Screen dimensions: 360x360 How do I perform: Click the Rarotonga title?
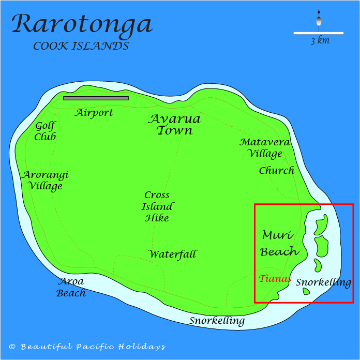click(82, 24)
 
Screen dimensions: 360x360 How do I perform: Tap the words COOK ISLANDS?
click(81, 46)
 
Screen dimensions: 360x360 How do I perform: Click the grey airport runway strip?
click(96, 98)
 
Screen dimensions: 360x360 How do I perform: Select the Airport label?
click(94, 112)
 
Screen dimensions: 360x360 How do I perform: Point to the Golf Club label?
click(45, 131)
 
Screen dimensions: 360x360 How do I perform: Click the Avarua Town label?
click(174, 125)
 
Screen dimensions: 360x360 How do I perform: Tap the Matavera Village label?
click(265, 147)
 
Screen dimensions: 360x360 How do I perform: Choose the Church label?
click(276, 170)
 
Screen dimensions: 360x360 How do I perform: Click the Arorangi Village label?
click(45, 180)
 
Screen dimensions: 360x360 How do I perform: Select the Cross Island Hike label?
click(157, 206)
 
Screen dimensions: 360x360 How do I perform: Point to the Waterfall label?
click(173, 254)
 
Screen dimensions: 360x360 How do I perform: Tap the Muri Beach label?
click(279, 243)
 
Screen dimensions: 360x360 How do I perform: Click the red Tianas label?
click(275, 278)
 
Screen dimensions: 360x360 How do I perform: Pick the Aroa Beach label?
click(71, 287)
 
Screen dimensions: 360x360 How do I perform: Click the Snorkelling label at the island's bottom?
click(217, 321)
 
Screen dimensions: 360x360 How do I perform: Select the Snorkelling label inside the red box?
click(323, 282)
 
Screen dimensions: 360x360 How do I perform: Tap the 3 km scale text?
click(320, 41)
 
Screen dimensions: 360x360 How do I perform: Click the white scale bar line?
click(318, 33)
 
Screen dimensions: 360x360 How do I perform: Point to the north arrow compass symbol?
click(319, 20)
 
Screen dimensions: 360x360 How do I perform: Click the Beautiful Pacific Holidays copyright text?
click(87, 347)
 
